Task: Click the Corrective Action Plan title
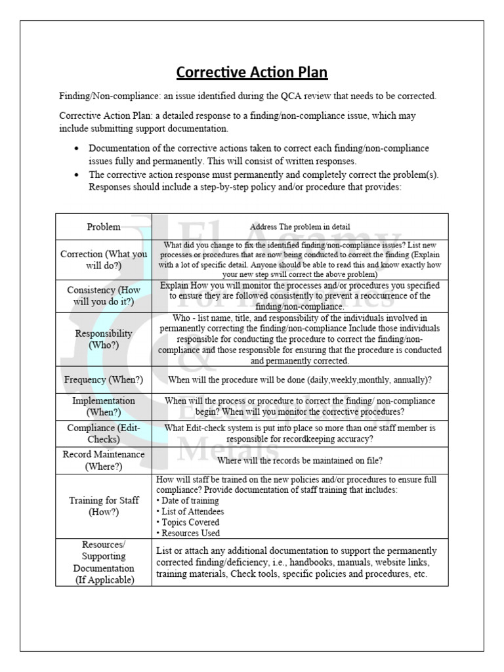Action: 252,72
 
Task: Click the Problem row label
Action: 104,227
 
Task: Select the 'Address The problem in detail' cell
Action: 300,227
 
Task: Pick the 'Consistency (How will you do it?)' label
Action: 104,296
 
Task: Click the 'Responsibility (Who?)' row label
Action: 104,339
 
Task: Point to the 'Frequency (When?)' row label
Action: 104,380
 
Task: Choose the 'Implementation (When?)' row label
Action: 104,406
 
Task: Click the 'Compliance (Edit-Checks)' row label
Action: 104,433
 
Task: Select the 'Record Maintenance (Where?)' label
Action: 104,460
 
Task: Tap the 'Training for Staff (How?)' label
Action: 104,506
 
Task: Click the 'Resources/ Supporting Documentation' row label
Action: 104,562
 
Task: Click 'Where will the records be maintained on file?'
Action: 300,460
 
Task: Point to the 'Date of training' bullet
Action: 189,500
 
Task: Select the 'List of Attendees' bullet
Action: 191,511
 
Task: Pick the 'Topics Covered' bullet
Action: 189,522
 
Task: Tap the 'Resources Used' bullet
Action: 189,534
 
